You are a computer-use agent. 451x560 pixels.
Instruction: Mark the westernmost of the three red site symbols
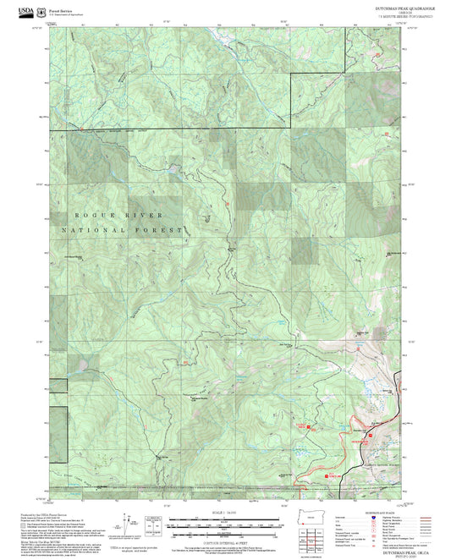(x=308, y=426)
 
